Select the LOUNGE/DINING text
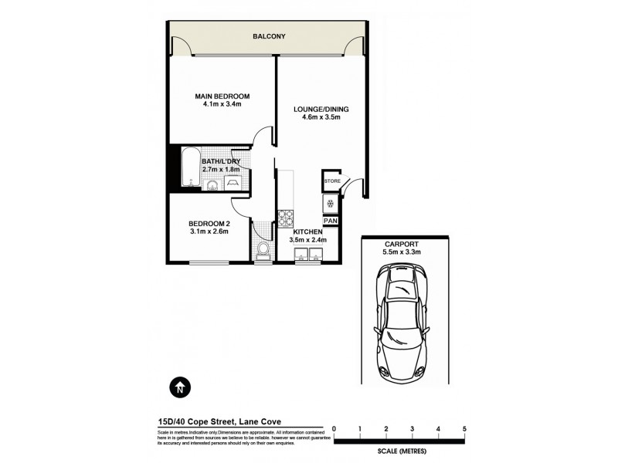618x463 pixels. [x=321, y=110]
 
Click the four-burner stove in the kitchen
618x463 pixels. [x=286, y=216]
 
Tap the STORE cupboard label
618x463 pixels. [x=331, y=181]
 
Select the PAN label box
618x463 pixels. [x=331, y=221]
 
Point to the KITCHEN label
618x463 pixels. [x=307, y=231]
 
